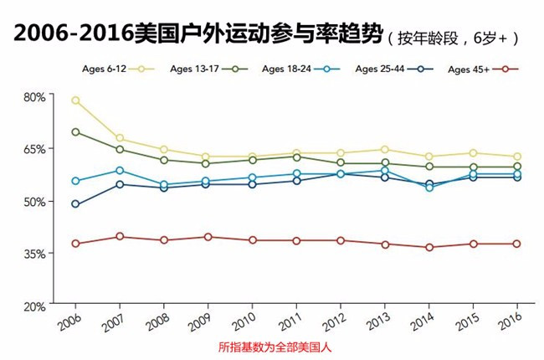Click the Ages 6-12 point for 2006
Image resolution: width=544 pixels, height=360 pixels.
[75, 100]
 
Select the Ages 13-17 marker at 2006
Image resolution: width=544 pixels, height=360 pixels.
[75, 131]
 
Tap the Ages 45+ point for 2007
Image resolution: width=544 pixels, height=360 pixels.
[120, 236]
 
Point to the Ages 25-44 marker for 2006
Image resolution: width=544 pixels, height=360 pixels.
[75, 204]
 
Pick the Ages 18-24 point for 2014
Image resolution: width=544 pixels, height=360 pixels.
[429, 188]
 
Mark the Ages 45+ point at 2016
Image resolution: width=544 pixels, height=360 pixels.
[517, 244]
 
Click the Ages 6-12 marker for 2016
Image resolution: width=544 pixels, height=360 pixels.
[517, 157]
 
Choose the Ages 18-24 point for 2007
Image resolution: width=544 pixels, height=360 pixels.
[120, 170]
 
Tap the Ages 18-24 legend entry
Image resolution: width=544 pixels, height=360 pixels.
[299, 69]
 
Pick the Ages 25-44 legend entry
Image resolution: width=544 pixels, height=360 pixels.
[392, 69]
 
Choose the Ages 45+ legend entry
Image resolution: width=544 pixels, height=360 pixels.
[482, 69]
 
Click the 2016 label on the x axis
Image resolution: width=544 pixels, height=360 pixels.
[512, 321]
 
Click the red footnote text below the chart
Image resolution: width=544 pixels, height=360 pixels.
[272, 347]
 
